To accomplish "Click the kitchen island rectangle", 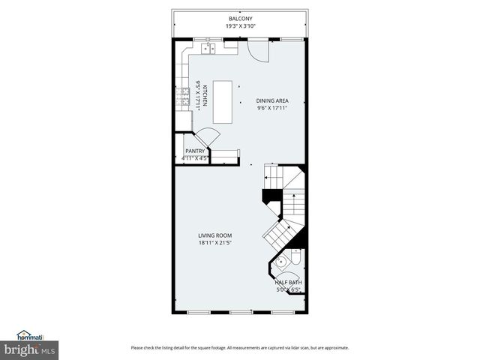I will click(x=222, y=101).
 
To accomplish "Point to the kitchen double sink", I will click(x=208, y=48).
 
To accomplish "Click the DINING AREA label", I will click(x=271, y=100).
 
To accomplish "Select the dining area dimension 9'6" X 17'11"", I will click(x=271, y=108).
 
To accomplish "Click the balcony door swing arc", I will click(x=258, y=50).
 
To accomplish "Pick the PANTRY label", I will click(x=195, y=151).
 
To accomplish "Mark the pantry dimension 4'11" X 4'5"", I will click(x=195, y=158).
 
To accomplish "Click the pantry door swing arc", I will click(x=209, y=139).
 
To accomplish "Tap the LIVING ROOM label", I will click(x=214, y=235).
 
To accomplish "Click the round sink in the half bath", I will click(x=279, y=262).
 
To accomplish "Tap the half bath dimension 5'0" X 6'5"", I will click(x=288, y=289).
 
